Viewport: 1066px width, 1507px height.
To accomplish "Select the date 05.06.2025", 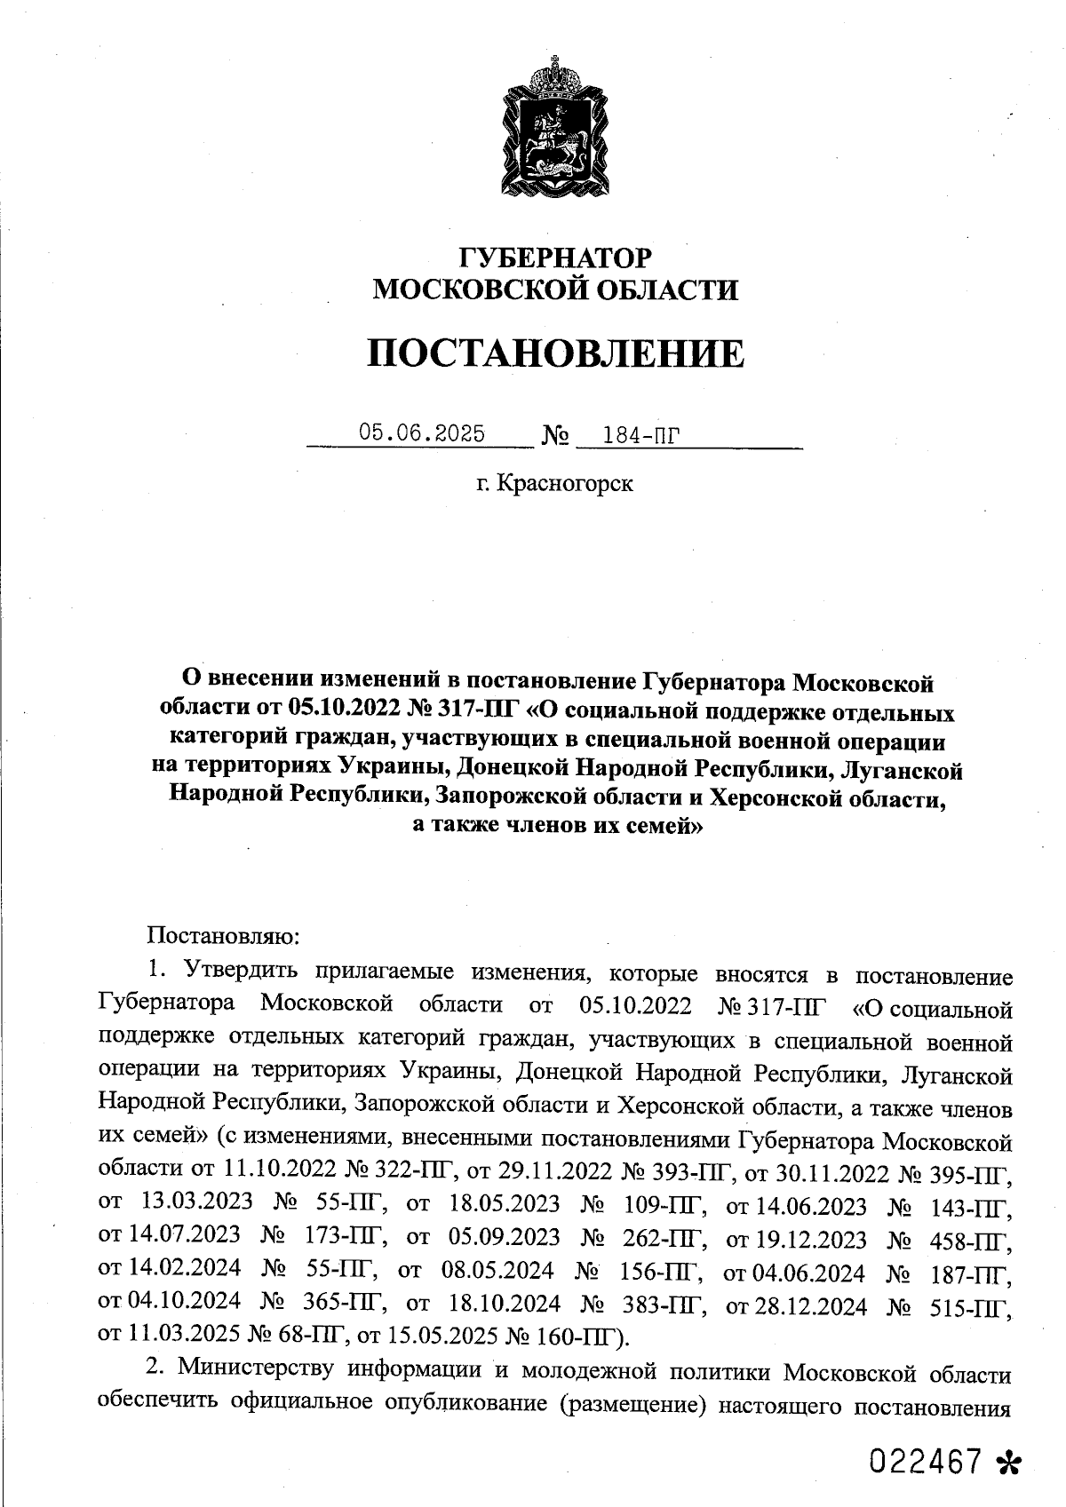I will (422, 433).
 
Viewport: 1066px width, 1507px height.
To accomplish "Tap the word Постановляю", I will (225, 935).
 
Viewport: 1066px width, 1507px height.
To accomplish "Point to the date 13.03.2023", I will (196, 1204).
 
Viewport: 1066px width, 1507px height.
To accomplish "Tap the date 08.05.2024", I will (497, 1272).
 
